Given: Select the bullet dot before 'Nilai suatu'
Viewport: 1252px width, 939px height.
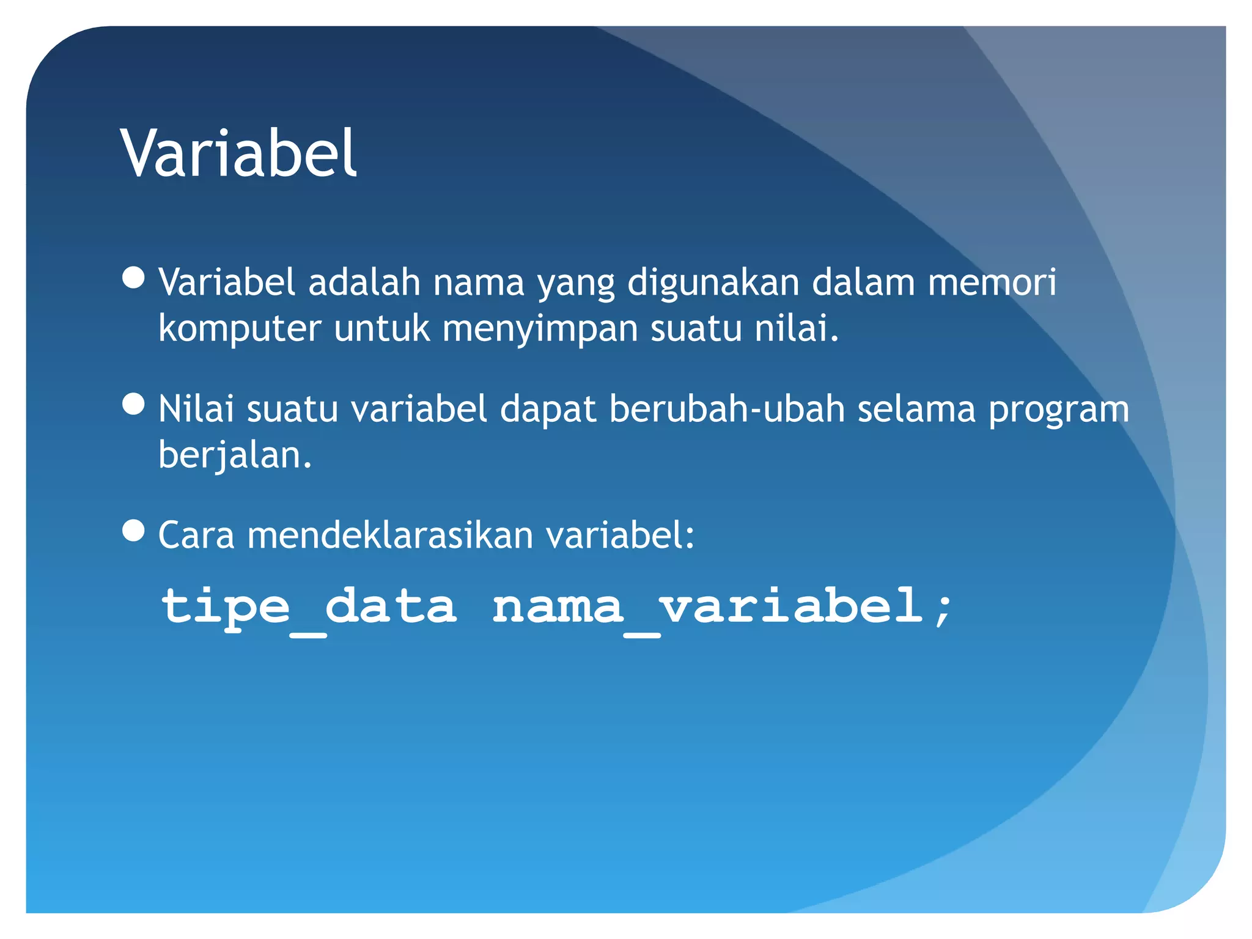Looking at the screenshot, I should tap(133, 404).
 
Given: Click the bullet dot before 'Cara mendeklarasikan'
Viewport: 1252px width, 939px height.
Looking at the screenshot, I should tap(133, 531).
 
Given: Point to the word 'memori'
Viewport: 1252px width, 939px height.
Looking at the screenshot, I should tap(992, 283).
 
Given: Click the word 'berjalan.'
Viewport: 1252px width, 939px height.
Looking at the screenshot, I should tap(235, 456).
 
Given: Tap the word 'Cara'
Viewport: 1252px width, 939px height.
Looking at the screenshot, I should tap(196, 536).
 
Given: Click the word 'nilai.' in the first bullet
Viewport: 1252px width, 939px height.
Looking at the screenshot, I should tap(796, 329).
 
